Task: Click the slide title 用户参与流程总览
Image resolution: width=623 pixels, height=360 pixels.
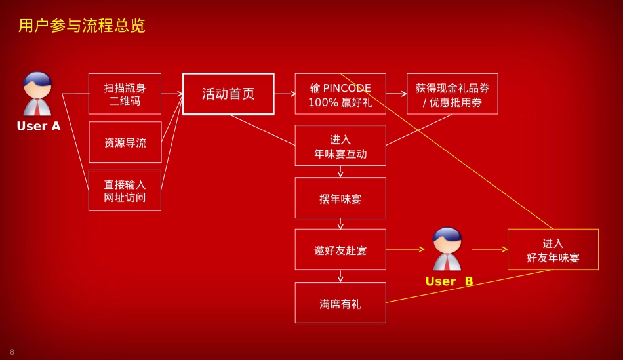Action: (x=82, y=26)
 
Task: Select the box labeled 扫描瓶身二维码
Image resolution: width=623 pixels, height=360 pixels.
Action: (x=125, y=94)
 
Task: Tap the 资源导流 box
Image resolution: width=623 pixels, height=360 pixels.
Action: (x=125, y=142)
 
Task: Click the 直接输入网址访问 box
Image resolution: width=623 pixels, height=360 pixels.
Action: (x=125, y=191)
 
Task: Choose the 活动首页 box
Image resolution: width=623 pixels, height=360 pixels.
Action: (x=228, y=94)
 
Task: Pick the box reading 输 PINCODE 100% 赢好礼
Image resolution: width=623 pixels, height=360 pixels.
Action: (x=340, y=94)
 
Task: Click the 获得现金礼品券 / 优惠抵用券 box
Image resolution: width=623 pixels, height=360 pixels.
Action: (x=452, y=94)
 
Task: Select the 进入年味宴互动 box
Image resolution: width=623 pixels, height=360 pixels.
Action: (x=340, y=146)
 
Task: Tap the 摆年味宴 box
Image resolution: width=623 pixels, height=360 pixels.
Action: (x=340, y=197)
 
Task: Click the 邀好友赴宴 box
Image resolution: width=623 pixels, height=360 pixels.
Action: (x=340, y=249)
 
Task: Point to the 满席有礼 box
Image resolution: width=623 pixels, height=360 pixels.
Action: (x=340, y=302)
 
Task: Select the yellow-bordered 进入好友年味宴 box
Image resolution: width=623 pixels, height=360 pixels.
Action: (x=553, y=249)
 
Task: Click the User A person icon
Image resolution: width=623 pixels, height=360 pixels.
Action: (x=37, y=93)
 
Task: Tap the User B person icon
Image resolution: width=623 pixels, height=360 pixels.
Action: (x=447, y=249)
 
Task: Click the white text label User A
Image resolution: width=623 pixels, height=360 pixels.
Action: (x=39, y=127)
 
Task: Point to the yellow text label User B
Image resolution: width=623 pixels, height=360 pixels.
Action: (x=449, y=281)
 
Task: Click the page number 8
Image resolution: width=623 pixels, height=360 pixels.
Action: (x=12, y=352)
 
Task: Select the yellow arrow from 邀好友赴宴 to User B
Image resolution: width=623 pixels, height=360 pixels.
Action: (x=405, y=249)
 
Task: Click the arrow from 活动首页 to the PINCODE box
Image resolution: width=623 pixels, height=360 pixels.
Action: (x=285, y=94)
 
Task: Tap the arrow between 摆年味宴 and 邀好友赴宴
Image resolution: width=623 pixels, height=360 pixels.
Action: (x=340, y=224)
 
